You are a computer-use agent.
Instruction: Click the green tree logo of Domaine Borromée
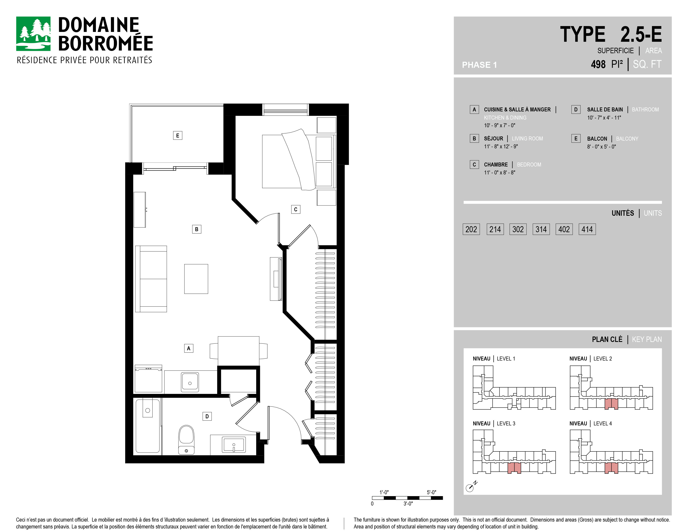pos(33,34)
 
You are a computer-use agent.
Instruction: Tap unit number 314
pos(541,229)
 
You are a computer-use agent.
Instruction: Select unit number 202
pos(471,229)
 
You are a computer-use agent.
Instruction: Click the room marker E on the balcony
pos(178,136)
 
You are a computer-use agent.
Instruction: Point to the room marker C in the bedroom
pos(295,209)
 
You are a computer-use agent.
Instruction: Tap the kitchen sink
pos(190,382)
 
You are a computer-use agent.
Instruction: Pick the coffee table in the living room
pos(196,279)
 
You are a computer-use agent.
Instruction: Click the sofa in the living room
pos(151,279)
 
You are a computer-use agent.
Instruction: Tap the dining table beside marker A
pos(239,351)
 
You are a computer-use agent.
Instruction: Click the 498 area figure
pos(598,64)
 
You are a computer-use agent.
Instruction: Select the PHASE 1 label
pos(479,65)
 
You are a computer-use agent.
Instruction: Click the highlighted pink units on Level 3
pos(514,468)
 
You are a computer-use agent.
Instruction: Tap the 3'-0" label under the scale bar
pos(408,504)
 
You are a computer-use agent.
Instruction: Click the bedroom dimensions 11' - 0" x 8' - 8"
pos(500,172)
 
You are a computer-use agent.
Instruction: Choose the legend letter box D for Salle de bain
pos(576,109)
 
